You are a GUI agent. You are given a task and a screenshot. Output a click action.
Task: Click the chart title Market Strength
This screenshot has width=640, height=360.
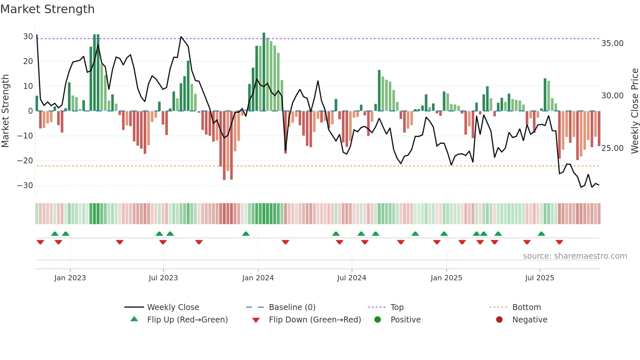(x=47, y=9)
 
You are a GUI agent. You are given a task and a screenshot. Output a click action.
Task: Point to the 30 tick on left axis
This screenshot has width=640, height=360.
(x=28, y=37)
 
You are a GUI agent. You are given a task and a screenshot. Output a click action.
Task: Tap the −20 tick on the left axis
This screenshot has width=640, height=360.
(x=25, y=161)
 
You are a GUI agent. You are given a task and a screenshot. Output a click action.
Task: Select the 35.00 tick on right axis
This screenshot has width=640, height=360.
(x=612, y=43)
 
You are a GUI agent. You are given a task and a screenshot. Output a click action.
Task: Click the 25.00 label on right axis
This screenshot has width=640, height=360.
(x=612, y=148)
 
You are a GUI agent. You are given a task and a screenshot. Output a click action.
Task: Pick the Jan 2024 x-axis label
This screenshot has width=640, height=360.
(x=258, y=278)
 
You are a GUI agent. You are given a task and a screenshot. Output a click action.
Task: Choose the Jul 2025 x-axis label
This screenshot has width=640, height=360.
(x=539, y=278)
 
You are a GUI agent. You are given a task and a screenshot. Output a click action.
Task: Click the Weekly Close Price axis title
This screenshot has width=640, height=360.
(x=634, y=111)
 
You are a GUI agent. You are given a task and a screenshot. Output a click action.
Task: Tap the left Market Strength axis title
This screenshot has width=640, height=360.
(x=5, y=111)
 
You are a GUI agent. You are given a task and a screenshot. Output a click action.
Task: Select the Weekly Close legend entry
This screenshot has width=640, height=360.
(x=173, y=307)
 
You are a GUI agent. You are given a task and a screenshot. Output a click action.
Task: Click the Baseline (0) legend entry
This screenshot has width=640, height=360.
(x=292, y=307)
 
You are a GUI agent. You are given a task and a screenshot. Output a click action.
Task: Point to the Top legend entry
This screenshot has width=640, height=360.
(x=397, y=307)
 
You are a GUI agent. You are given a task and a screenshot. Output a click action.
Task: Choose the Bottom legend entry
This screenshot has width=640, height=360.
(x=526, y=307)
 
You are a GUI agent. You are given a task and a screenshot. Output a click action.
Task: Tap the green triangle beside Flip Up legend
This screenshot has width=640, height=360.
(x=134, y=319)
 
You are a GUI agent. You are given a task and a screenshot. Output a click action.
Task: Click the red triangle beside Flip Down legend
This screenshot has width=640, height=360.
(x=256, y=320)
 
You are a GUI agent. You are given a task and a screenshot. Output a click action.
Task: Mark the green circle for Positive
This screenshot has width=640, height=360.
(x=377, y=320)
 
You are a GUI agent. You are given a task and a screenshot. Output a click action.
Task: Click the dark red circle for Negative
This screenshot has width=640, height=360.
(x=499, y=320)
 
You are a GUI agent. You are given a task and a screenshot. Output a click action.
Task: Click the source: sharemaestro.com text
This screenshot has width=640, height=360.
(x=575, y=256)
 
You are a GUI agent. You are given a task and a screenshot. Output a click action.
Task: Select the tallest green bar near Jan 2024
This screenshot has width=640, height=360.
(x=264, y=72)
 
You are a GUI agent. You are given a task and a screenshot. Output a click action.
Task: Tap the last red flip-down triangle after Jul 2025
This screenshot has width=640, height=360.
(x=559, y=242)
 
